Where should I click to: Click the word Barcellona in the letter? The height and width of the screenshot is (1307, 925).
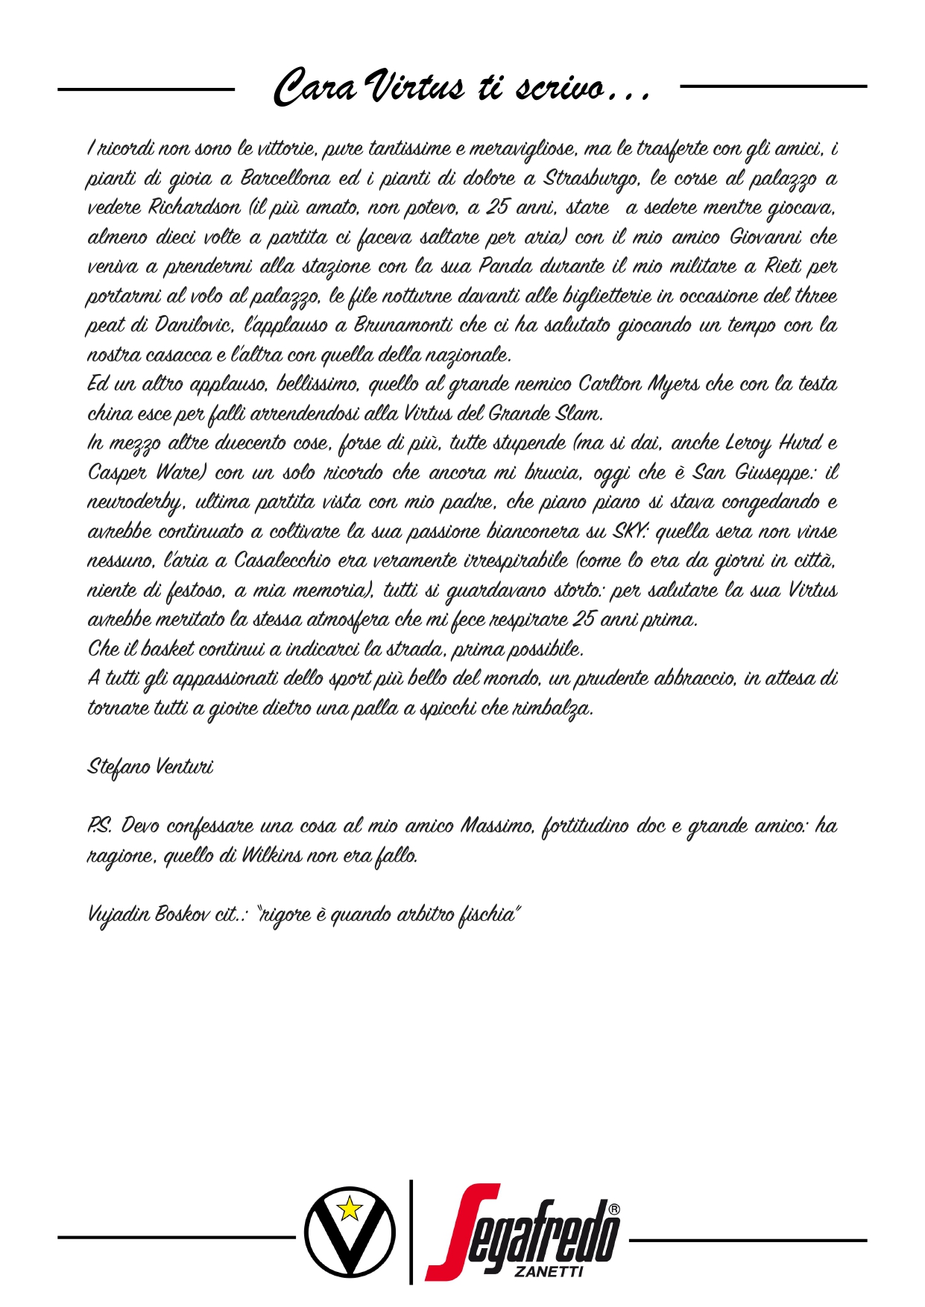[x=285, y=179]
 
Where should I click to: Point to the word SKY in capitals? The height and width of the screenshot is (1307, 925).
[x=630, y=531]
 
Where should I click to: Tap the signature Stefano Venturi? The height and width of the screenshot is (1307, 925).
[x=151, y=767]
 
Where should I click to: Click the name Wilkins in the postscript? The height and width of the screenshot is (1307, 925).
[x=271, y=855]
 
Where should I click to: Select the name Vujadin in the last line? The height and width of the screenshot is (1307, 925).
[x=118, y=914]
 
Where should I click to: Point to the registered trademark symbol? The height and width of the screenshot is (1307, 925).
[x=613, y=1209]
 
